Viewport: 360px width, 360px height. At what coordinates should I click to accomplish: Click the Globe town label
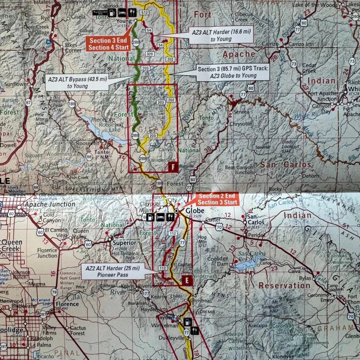tap(194, 211)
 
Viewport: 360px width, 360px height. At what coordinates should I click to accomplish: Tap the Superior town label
tap(124, 243)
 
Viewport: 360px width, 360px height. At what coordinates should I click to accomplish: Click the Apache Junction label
tap(50, 204)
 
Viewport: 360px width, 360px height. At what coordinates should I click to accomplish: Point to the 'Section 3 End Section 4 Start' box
tap(108, 44)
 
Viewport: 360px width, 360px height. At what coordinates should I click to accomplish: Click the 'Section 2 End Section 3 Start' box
tap(216, 199)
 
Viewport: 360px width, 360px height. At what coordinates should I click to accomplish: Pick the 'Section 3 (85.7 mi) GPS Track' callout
tap(232, 72)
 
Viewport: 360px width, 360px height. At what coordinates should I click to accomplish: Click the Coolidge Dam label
tap(218, 261)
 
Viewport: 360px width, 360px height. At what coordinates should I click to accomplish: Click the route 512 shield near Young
tap(144, 13)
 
